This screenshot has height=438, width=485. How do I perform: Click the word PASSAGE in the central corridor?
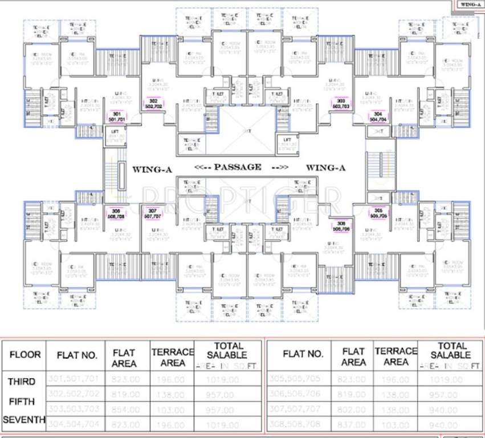pos(238,167)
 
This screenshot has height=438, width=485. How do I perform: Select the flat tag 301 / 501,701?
pos(117,117)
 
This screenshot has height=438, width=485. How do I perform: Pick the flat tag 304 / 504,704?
pos(377,117)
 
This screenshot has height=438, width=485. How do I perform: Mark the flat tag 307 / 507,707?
pos(152,213)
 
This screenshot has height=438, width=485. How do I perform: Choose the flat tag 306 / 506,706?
pos(341,225)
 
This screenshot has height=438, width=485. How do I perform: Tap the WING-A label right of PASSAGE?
pos(327,168)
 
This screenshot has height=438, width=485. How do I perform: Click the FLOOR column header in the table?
pos(25,354)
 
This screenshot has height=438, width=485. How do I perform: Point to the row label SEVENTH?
pos(24,420)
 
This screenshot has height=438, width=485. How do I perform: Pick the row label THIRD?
pos(22,381)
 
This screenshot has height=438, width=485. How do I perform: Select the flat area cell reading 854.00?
pos(125,409)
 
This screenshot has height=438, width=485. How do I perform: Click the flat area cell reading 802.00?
pos(353,409)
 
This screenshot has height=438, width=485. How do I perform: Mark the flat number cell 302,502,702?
pos(76,394)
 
